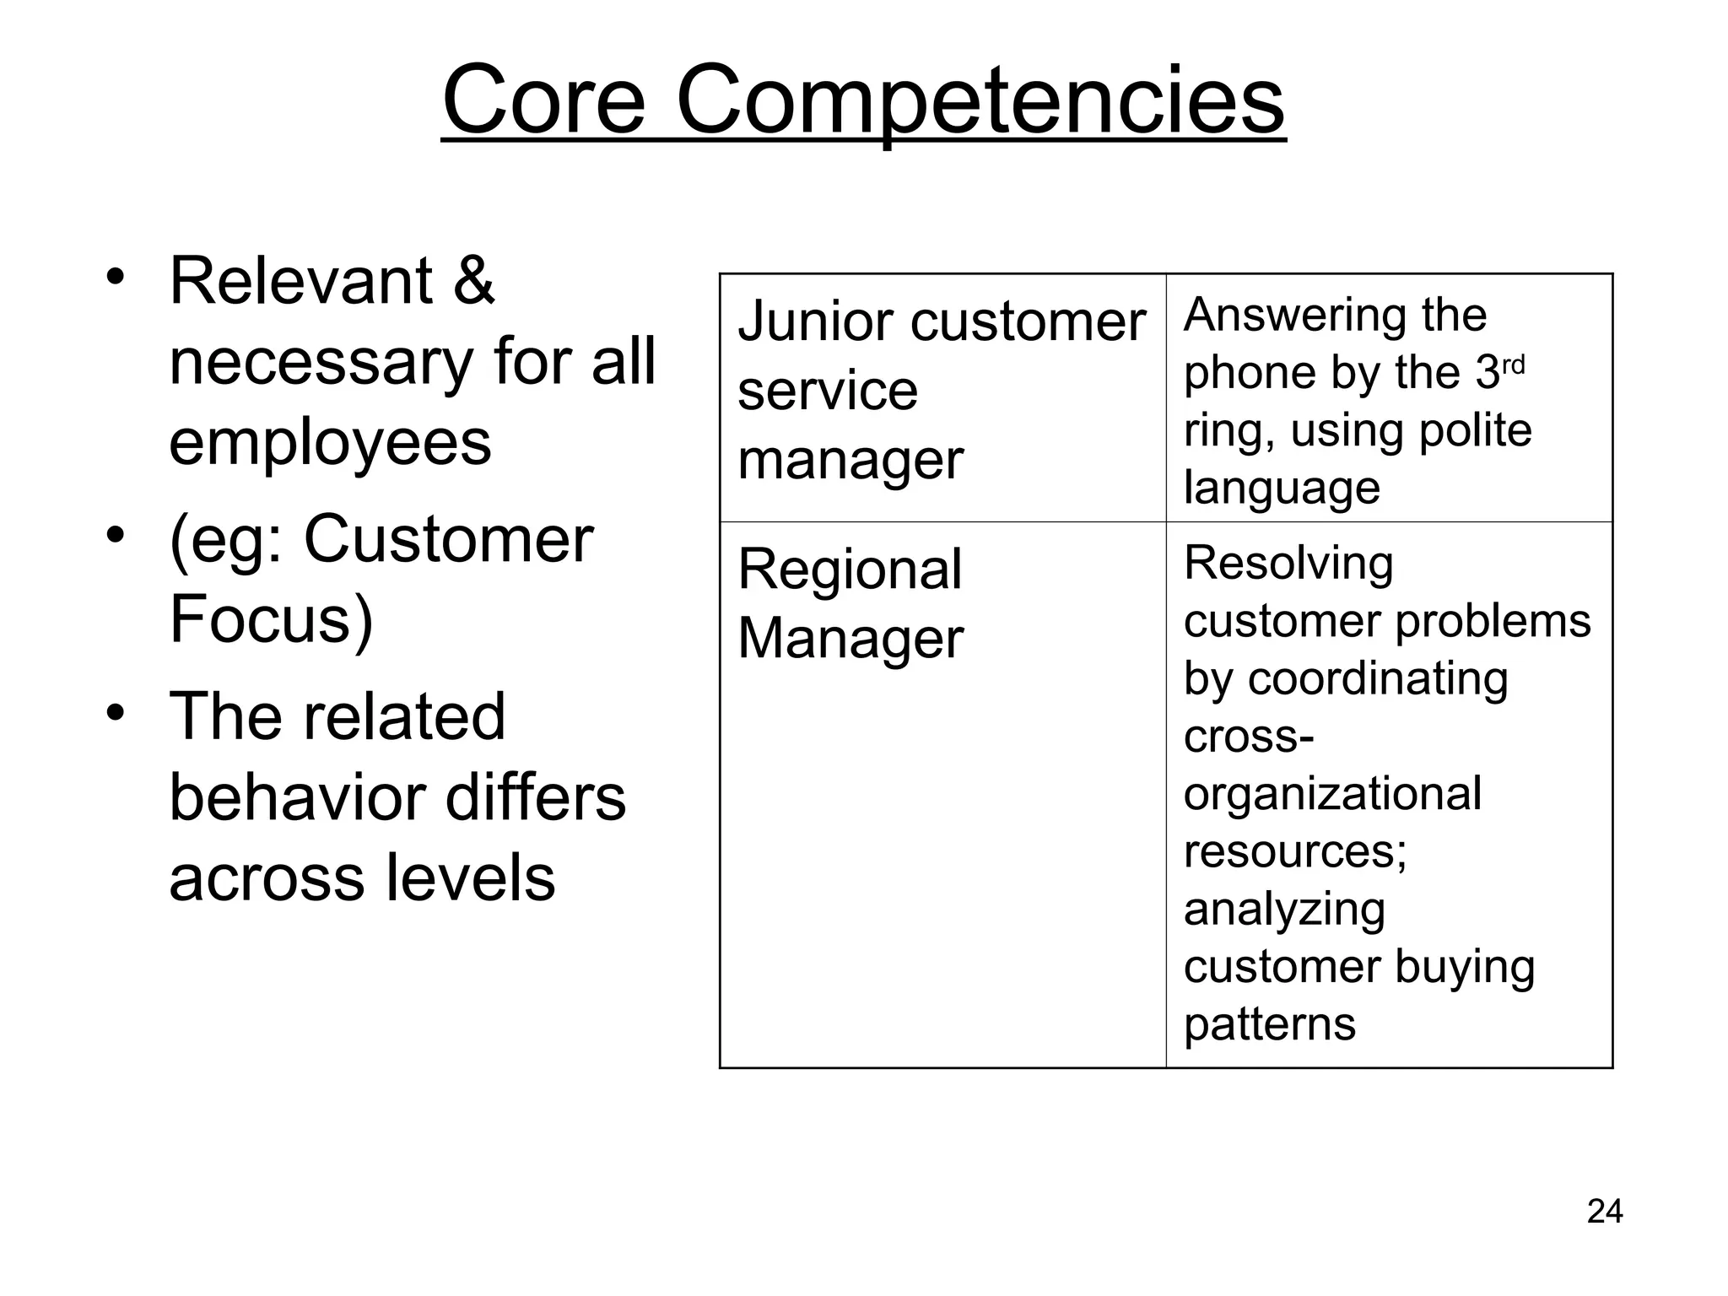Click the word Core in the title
tap(543, 101)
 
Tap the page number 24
tap(1604, 1212)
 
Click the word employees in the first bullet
tap(330, 443)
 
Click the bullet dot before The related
tap(116, 711)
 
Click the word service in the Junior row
tap(827, 391)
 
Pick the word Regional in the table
tap(849, 570)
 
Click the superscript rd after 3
tap(1513, 364)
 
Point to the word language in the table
tap(1281, 488)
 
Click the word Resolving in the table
tap(1288, 564)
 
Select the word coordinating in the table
tap(1377, 679)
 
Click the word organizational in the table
tap(1331, 794)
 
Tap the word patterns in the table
tap(1269, 1025)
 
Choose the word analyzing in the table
tap(1283, 910)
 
